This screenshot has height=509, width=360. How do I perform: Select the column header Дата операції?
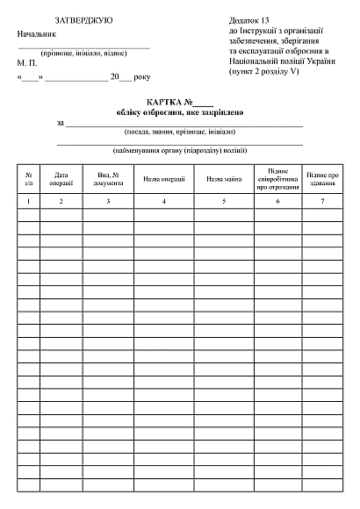coord(61,180)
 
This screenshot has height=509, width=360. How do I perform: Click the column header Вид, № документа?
coord(108,180)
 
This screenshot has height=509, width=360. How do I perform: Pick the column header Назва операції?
coord(163,180)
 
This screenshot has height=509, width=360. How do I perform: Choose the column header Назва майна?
coord(224,180)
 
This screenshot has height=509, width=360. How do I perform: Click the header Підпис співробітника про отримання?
coord(278,180)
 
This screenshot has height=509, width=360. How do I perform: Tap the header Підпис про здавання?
coord(322,180)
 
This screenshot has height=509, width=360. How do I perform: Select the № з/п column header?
coord(29,180)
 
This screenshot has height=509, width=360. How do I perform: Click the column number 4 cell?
coord(163,202)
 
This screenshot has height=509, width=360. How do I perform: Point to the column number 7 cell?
coord(322,202)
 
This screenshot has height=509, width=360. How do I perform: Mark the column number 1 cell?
coord(29,202)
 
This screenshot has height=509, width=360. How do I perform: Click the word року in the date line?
coord(142,77)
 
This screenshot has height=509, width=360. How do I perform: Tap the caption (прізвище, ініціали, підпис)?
coord(84,53)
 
